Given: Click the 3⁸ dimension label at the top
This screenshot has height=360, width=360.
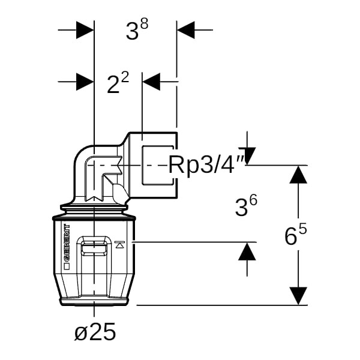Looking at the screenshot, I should [x=137, y=31].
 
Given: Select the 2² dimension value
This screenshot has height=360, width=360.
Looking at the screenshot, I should [x=118, y=84].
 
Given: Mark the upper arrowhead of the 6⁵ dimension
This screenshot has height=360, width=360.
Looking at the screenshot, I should [x=298, y=175].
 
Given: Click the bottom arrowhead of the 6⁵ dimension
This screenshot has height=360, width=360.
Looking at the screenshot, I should [x=298, y=296].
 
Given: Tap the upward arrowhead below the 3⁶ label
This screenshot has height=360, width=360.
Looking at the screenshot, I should [x=247, y=251].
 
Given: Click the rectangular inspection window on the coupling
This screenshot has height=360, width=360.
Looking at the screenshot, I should [x=95, y=247].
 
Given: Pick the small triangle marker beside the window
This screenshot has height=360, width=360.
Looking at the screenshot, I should [x=119, y=244].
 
